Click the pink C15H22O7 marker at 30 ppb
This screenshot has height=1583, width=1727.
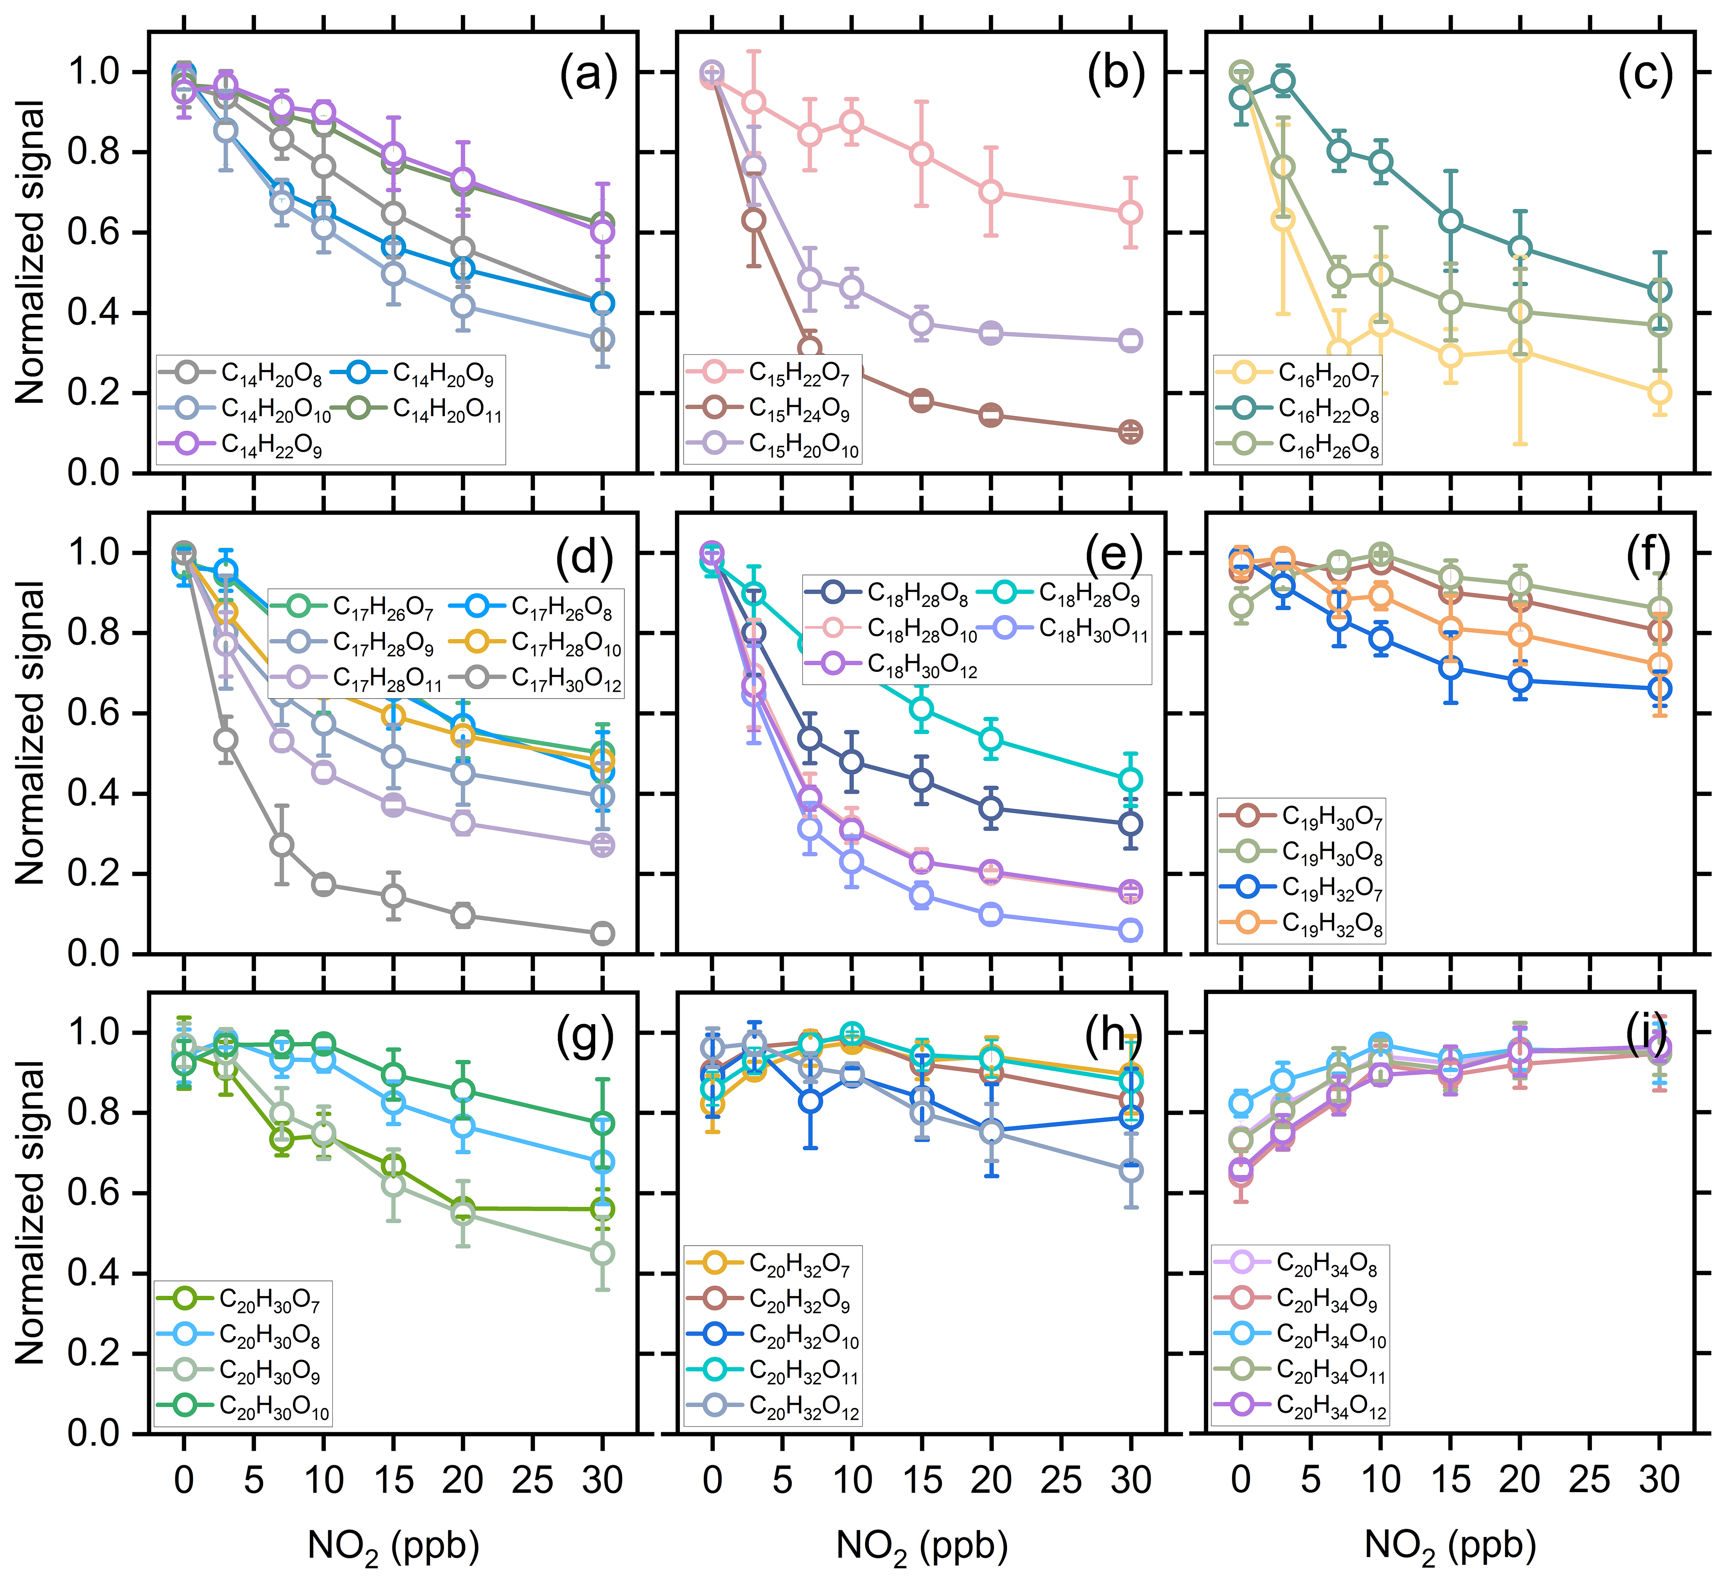1130,212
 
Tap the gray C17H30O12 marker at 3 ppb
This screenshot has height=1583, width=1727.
225,739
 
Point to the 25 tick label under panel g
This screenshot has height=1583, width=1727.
533,1480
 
